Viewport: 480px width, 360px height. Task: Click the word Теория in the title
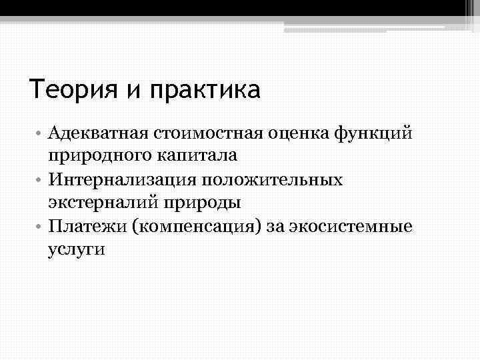click(x=73, y=89)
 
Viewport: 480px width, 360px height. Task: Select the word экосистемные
click(x=359, y=226)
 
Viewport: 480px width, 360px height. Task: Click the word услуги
click(x=77, y=249)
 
